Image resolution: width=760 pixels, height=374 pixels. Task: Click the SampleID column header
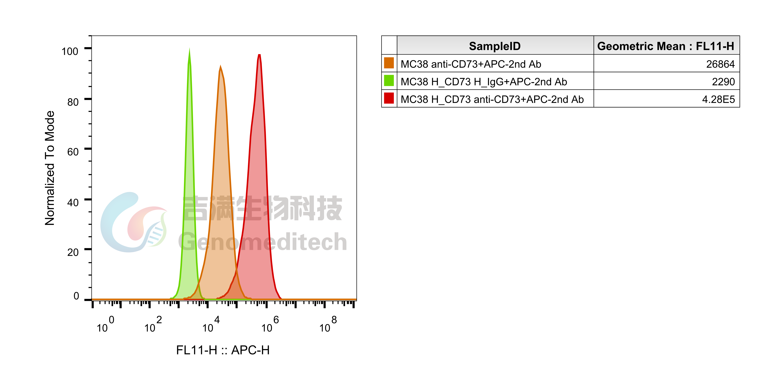point(495,46)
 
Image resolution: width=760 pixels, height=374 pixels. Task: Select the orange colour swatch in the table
point(389,63)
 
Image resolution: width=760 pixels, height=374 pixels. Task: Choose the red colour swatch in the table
point(389,98)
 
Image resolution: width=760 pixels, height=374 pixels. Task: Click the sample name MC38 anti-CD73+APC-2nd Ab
point(471,64)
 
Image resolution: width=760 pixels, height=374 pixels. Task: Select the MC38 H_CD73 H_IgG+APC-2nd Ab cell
point(484,82)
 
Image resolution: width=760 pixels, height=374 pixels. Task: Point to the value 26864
point(720,64)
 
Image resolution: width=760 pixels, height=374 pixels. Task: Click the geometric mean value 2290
point(723,82)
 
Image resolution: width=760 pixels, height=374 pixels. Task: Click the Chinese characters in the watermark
point(263,208)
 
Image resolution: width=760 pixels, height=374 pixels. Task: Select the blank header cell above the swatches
point(389,45)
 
